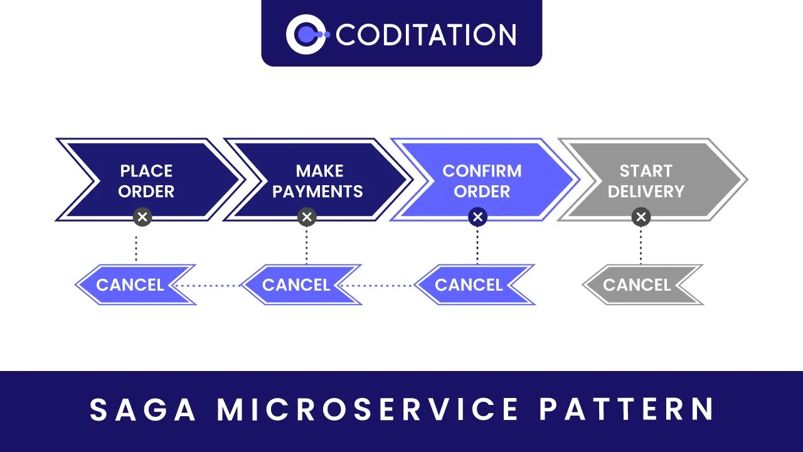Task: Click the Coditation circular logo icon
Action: click(x=305, y=34)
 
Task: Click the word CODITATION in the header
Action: click(x=425, y=35)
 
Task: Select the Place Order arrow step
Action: click(x=146, y=180)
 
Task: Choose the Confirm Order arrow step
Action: click(x=482, y=180)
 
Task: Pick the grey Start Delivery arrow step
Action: click(x=646, y=180)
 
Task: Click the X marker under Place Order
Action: click(x=142, y=217)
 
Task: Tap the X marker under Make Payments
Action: click(x=307, y=217)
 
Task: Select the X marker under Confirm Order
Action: click(x=477, y=217)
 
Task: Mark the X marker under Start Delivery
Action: click(x=641, y=217)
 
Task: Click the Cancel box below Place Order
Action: click(x=130, y=285)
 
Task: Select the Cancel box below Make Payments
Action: click(x=296, y=285)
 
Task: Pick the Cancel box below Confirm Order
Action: click(x=469, y=285)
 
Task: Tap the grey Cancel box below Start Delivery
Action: click(x=637, y=285)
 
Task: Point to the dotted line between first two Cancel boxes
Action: click(x=210, y=286)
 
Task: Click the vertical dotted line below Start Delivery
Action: click(x=641, y=246)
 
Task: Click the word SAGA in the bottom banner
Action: click(x=143, y=409)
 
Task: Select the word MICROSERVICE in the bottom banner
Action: click(x=368, y=409)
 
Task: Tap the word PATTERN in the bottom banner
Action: click(x=626, y=409)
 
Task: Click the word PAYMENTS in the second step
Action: click(x=318, y=191)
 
